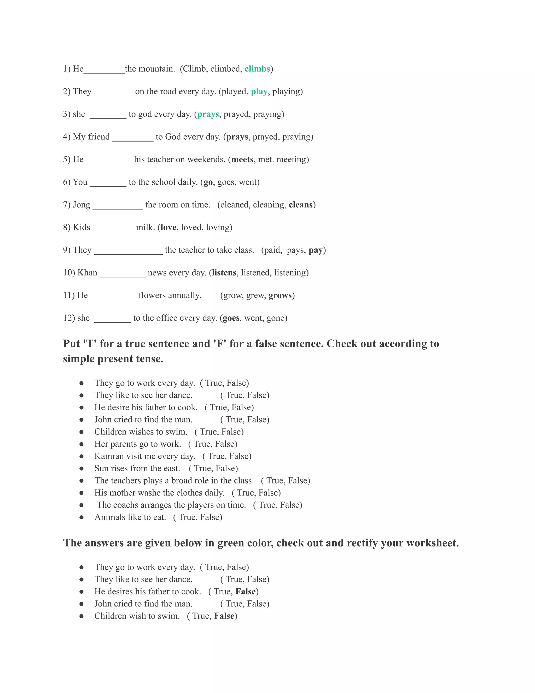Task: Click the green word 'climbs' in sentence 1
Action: tap(257, 69)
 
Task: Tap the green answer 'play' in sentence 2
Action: tap(259, 92)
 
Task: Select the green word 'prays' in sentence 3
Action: tap(208, 114)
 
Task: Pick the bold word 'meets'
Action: tap(242, 159)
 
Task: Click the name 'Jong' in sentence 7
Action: tap(82, 205)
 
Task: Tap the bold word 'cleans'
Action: tap(300, 205)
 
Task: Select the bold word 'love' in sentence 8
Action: tap(168, 227)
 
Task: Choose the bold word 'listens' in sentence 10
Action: tap(224, 272)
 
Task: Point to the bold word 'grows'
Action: tap(280, 296)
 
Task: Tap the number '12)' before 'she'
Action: tap(69, 318)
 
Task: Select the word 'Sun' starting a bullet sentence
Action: tap(101, 468)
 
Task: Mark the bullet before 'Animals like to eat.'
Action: tap(82, 517)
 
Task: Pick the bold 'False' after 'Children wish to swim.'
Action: tap(224, 616)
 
